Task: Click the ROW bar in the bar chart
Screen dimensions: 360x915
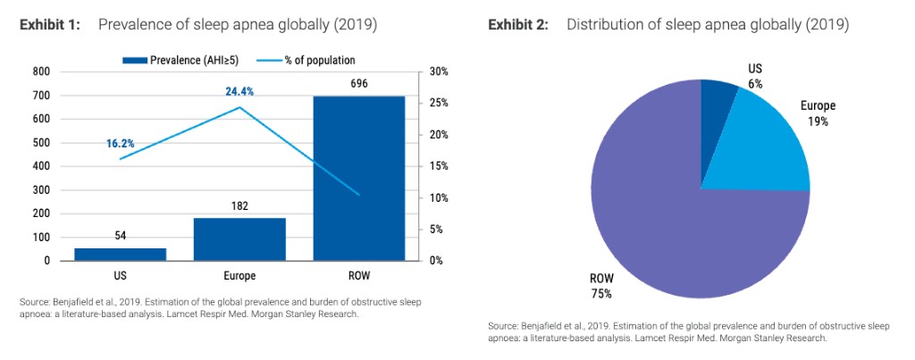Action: [358, 179]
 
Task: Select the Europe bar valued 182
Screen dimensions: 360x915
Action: [239, 239]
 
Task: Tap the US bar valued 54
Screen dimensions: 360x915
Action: [120, 255]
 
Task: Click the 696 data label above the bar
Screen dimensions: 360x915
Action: [358, 83]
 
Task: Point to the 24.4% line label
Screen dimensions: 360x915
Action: [239, 91]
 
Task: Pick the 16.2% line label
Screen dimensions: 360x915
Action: [120, 143]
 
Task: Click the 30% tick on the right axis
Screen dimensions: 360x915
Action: [439, 71]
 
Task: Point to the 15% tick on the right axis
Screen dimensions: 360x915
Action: [439, 166]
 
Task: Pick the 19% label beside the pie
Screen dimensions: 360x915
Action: [817, 121]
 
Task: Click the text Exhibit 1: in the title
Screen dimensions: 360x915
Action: [50, 25]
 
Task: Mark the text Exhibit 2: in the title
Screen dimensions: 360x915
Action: [517, 25]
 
